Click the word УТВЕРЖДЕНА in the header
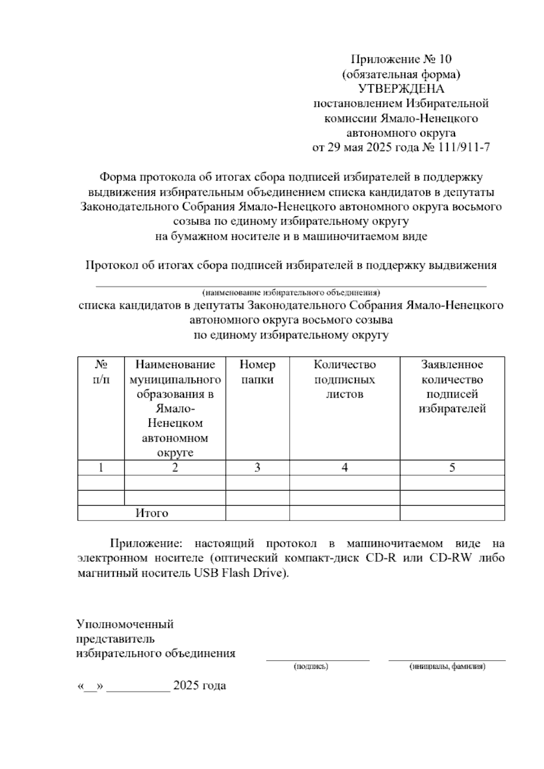(x=401, y=89)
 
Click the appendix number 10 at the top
(x=445, y=59)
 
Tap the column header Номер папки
(x=257, y=372)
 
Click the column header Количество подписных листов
(x=345, y=379)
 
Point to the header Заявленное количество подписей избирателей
(x=452, y=386)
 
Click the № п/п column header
(x=101, y=372)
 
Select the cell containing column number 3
(x=257, y=467)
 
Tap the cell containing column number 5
(x=452, y=467)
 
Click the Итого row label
(x=151, y=513)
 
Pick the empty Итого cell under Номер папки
(x=257, y=513)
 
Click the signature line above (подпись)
(x=317, y=659)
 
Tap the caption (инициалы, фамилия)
(x=447, y=667)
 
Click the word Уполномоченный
(x=125, y=624)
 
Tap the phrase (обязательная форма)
(x=401, y=74)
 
